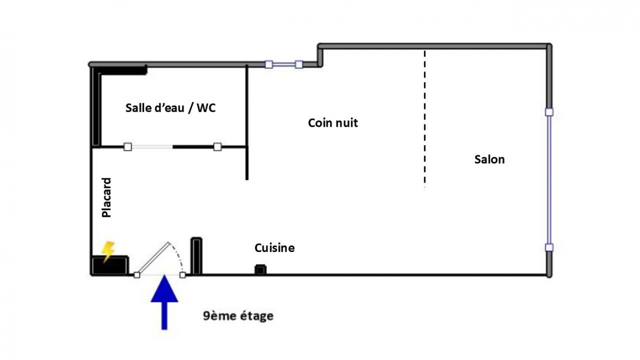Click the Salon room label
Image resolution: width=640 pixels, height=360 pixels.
[490, 160]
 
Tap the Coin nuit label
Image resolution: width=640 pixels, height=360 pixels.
[333, 123]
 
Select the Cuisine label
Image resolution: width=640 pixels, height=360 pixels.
[274, 248]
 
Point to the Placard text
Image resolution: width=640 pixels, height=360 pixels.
[107, 198]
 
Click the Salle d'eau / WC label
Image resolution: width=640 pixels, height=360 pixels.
[171, 108]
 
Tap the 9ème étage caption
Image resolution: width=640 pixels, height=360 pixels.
[238, 316]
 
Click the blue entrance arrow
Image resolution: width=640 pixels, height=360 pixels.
[164, 302]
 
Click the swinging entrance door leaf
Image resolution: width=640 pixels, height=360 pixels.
[153, 259]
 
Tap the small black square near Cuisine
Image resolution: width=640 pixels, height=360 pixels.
[260, 269]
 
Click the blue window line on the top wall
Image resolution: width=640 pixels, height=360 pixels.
[284, 64]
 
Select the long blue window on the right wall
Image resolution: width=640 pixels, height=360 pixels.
[549, 180]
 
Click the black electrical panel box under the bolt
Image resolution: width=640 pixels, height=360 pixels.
[110, 266]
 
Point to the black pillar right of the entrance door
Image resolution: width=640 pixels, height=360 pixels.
[196, 256]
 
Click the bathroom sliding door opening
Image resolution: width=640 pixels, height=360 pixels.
[150, 147]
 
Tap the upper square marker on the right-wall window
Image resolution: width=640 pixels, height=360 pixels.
[549, 112]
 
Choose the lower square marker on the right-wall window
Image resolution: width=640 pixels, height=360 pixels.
[549, 247]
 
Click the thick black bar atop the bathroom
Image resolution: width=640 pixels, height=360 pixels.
[120, 70]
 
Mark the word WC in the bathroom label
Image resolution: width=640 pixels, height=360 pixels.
[206, 108]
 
